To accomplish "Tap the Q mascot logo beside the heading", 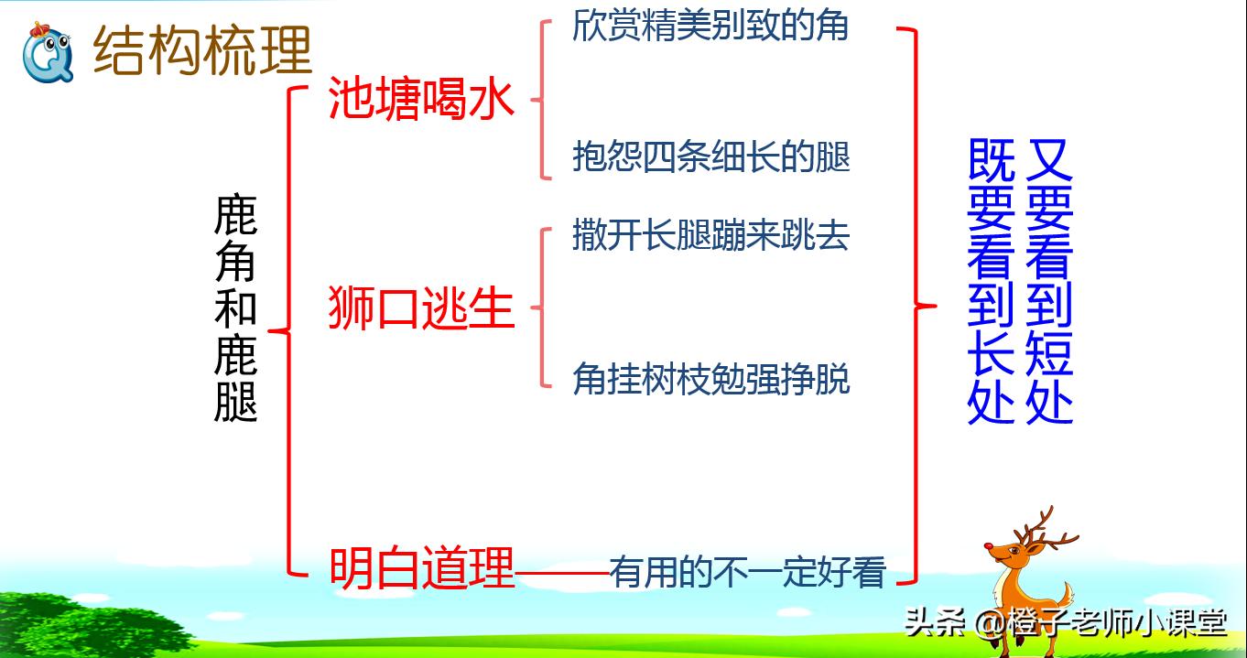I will click(x=48, y=52).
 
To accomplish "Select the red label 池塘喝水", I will click(x=421, y=99).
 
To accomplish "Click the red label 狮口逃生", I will click(x=421, y=307).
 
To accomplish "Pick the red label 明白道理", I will click(x=421, y=567).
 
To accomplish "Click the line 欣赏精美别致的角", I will click(x=710, y=25).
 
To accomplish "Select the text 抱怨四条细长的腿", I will click(x=710, y=156).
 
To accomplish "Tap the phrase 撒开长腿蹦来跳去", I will click(x=710, y=235).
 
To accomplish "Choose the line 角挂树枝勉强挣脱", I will click(x=710, y=378).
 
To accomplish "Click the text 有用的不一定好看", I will click(x=748, y=572).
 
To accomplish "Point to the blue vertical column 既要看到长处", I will click(x=992, y=281).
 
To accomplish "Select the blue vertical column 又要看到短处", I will click(x=1049, y=281).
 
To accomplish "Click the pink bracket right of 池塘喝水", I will click(x=539, y=99).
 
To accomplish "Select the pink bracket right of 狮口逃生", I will click(x=539, y=307).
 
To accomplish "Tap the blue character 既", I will click(x=992, y=161).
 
